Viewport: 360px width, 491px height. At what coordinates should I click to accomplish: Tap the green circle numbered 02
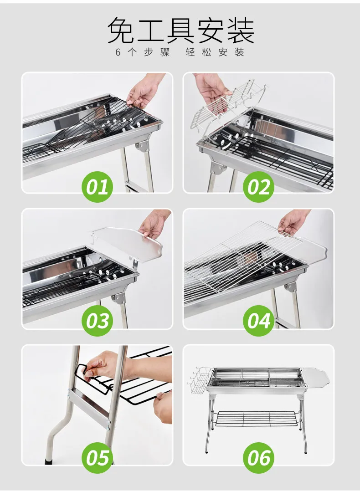click(x=259, y=187)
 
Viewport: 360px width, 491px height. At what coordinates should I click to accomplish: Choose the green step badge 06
click(x=259, y=458)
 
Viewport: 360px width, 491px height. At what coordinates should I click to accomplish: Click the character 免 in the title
click(x=121, y=31)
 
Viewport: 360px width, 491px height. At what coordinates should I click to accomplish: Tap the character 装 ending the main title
click(x=240, y=31)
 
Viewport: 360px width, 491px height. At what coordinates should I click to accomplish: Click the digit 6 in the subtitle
click(x=118, y=52)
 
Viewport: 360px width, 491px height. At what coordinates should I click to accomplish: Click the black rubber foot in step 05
click(x=49, y=461)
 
